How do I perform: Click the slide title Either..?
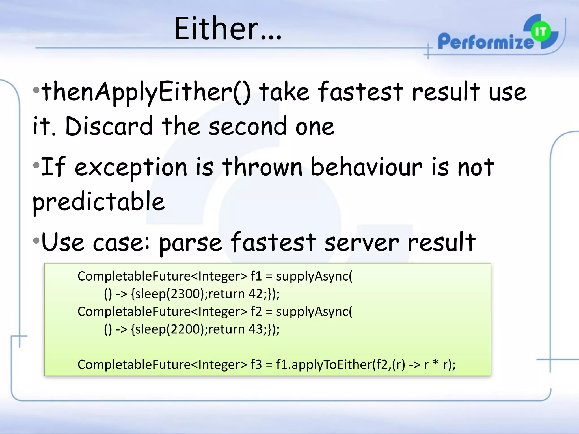click(228, 29)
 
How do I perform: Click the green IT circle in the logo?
click(541, 32)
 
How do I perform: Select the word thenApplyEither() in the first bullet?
click(146, 92)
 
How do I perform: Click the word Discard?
click(109, 126)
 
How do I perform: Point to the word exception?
click(131, 168)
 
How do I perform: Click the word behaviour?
click(366, 167)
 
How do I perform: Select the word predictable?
click(98, 202)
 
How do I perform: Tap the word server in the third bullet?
click(361, 243)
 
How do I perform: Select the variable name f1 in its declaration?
click(256, 276)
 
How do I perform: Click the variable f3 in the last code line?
click(256, 364)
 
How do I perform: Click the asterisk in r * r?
click(436, 363)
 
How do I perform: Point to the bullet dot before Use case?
click(36, 241)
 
